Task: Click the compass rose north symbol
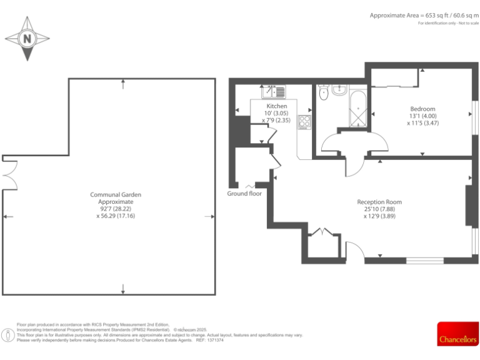click(27, 39)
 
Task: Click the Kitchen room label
click(277, 106)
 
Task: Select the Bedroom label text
click(422, 109)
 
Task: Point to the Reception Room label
click(379, 202)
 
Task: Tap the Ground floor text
click(244, 194)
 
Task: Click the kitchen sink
click(275, 92)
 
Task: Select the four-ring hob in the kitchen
click(305, 121)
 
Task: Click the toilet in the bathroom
click(323, 94)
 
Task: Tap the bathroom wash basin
click(340, 89)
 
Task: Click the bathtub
click(359, 110)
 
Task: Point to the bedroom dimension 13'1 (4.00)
click(422, 116)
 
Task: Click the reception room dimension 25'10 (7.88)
click(379, 209)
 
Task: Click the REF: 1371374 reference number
click(210, 340)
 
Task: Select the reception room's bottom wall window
click(425, 259)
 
